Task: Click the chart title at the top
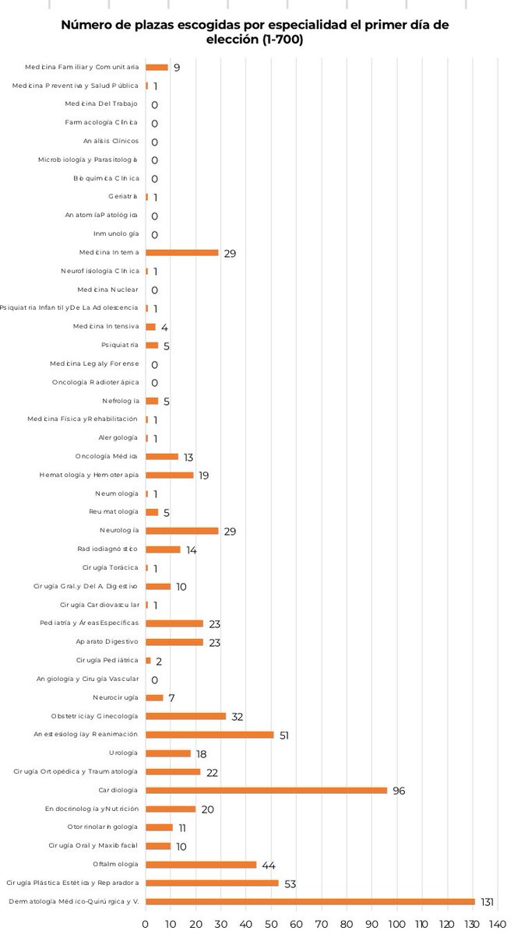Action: click(x=255, y=32)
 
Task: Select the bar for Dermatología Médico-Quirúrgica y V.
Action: click(x=310, y=901)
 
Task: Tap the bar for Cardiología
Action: click(x=266, y=790)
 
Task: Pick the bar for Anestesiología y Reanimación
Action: click(x=209, y=734)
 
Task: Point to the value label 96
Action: click(x=399, y=791)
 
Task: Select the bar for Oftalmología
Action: click(x=201, y=865)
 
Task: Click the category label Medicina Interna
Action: click(x=109, y=253)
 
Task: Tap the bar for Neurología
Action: click(x=182, y=531)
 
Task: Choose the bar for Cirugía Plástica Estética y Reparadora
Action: click(x=212, y=883)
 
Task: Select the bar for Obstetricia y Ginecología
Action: click(x=186, y=716)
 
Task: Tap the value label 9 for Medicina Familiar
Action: click(x=177, y=68)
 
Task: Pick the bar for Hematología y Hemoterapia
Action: click(x=170, y=475)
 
